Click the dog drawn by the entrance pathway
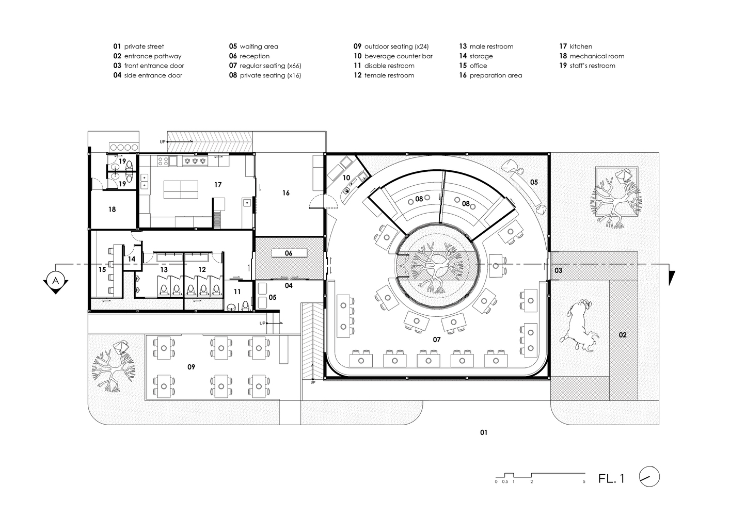(580, 326)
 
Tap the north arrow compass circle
(649, 477)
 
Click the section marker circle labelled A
(56, 280)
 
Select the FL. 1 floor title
(611, 478)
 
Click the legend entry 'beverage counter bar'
(398, 56)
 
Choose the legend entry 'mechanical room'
(597, 56)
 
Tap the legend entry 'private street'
(144, 46)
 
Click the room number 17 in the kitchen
(218, 185)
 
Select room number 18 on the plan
(112, 209)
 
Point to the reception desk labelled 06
(289, 253)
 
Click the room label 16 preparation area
(286, 193)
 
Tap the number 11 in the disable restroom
(237, 292)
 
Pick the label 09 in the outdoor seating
(191, 367)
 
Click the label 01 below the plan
(484, 432)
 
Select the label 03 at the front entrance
(558, 270)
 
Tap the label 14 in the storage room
(131, 259)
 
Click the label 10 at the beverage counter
(346, 178)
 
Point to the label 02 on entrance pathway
(623, 335)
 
